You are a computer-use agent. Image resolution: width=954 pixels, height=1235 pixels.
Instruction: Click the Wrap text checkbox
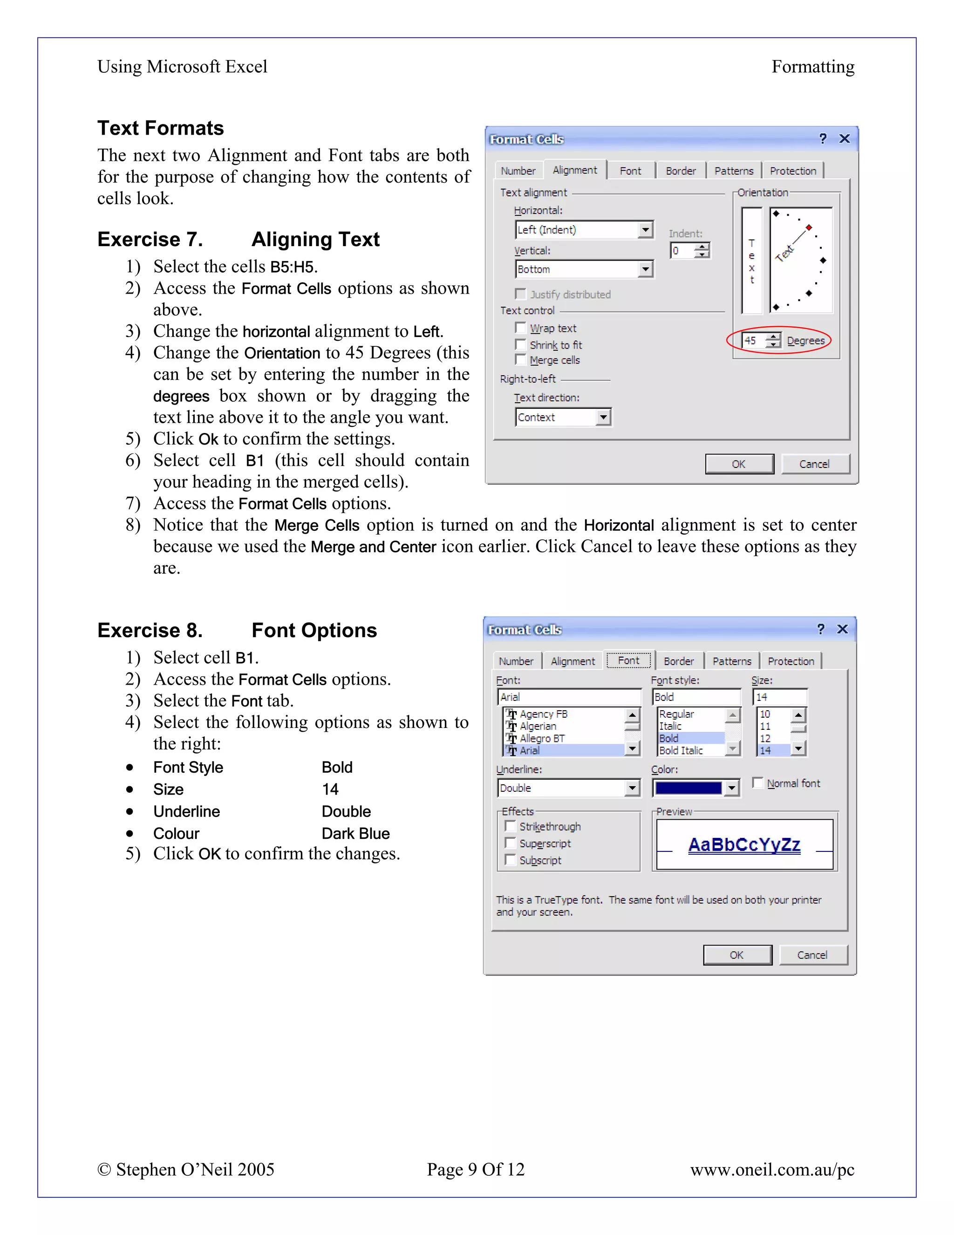520,328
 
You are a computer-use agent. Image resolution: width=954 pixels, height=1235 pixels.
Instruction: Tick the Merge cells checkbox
520,360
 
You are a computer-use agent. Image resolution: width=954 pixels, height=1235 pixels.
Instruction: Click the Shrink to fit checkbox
520,344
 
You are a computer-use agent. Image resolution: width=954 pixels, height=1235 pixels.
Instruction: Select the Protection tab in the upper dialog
792,171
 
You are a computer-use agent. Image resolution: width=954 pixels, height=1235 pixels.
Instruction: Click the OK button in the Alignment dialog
739,464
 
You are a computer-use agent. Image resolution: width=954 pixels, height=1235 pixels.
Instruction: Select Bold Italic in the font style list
681,750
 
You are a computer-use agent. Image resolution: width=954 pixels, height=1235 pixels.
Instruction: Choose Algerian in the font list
538,726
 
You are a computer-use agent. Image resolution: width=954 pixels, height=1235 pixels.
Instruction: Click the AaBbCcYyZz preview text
744,845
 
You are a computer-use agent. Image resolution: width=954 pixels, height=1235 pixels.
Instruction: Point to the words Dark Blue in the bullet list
355,834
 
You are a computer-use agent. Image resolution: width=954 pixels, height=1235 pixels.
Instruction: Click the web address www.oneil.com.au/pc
771,1169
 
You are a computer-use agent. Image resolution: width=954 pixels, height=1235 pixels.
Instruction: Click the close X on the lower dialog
842,629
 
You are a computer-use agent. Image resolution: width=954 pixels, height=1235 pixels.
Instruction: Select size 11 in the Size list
765,726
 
